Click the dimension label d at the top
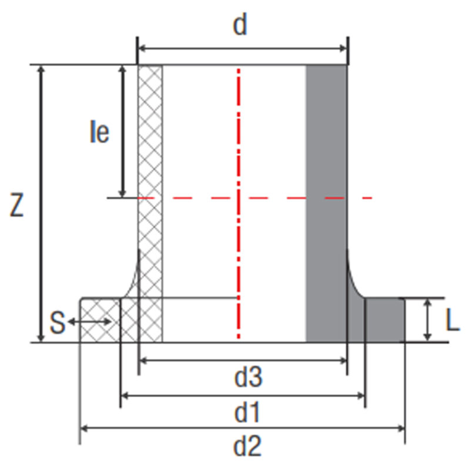point(240,25)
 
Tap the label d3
point(248,377)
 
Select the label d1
point(247,413)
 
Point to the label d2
point(247,446)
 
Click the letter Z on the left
point(16,204)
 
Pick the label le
point(99,131)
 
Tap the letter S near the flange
point(57,323)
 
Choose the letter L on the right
point(452,320)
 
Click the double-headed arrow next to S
point(90,322)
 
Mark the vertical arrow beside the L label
point(428,320)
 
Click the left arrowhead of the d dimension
point(143,48)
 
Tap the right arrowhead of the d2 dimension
point(401,429)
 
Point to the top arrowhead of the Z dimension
point(41,69)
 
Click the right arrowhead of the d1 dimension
point(361,396)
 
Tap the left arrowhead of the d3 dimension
point(143,361)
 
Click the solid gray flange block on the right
point(385,320)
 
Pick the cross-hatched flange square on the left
point(100,320)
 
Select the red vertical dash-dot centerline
point(239,204)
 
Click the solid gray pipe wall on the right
point(327,203)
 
